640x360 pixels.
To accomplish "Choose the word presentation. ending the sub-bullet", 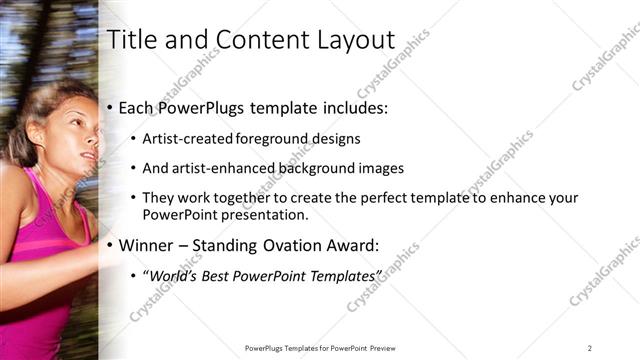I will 262,214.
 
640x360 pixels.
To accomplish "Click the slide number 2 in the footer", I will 590,348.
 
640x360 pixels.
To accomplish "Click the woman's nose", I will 93,143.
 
